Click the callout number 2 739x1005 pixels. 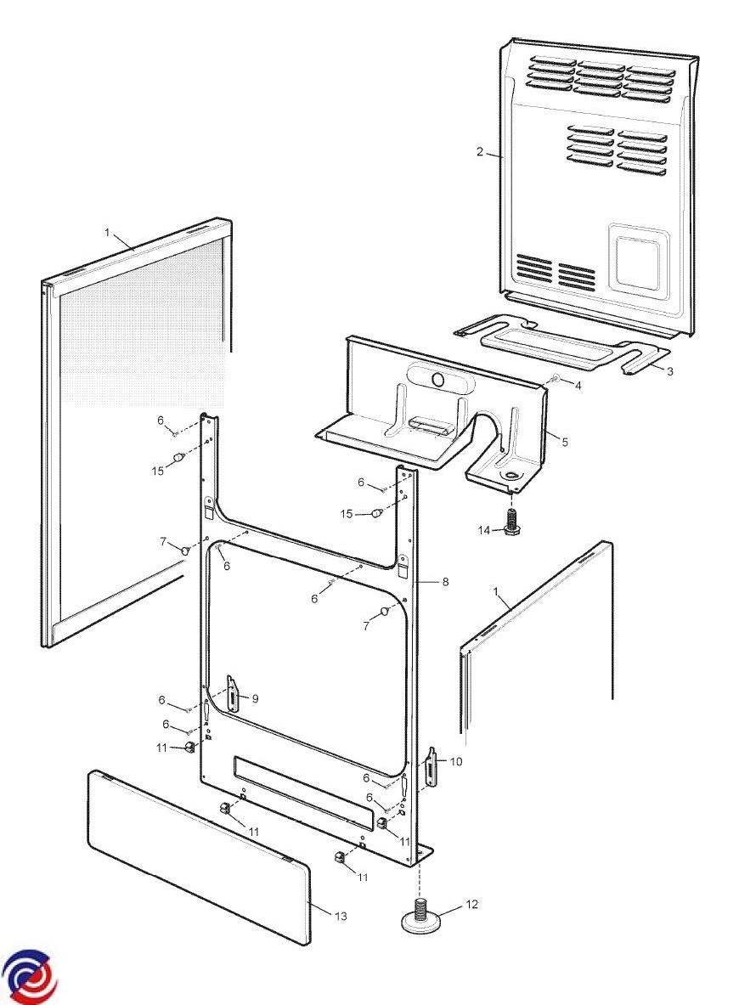pos(480,152)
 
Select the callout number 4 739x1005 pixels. pos(578,386)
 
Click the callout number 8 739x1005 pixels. pos(444,582)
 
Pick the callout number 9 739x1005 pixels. pos(255,698)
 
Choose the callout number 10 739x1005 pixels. pos(456,761)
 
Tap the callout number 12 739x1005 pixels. pos(472,905)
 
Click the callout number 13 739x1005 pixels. pos(341,917)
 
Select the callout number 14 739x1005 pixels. pos(484,530)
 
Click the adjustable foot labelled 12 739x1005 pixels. pos(420,918)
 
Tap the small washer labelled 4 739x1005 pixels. pos(554,378)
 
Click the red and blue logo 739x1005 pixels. pos(29,975)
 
